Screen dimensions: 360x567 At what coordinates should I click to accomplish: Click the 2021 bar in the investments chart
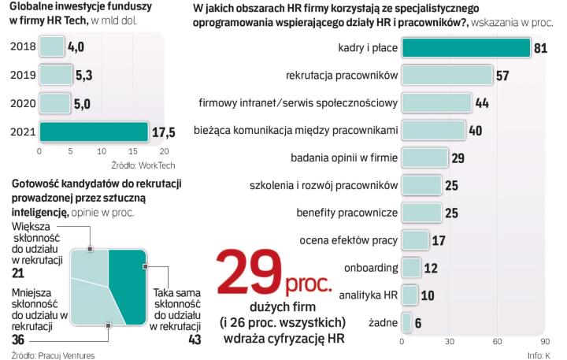tap(93, 131)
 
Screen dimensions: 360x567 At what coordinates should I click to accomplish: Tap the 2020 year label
tap(21, 102)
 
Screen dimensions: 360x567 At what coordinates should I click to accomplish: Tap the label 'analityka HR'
tap(368, 295)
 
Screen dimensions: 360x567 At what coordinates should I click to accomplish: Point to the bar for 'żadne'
tap(406, 322)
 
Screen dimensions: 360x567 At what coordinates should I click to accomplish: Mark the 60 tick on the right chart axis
tap(498, 342)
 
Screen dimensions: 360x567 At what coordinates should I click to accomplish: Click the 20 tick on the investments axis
tap(164, 151)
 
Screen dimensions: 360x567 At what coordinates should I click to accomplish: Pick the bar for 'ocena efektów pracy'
tap(415, 239)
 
